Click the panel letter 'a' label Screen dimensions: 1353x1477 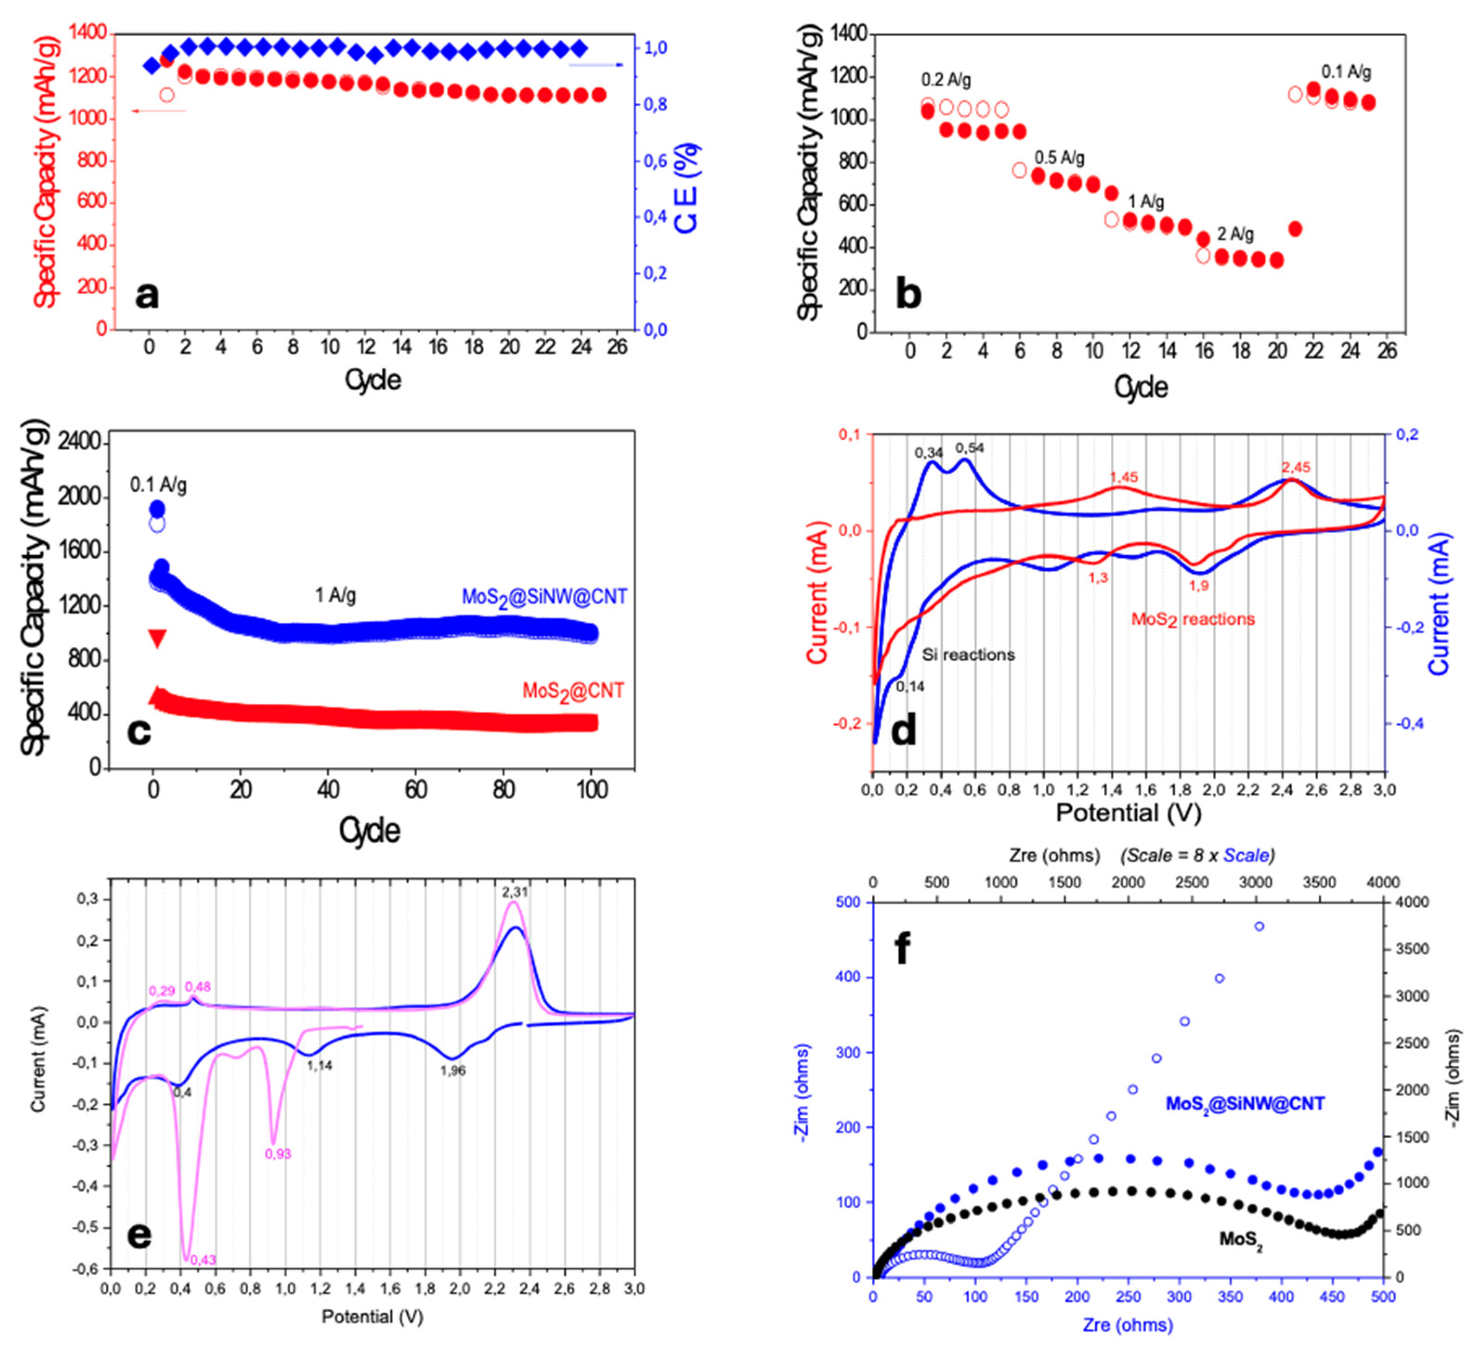click(x=147, y=296)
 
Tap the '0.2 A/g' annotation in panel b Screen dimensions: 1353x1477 click(x=946, y=80)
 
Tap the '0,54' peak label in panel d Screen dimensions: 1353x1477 click(x=969, y=447)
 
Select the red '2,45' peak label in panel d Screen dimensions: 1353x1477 click(x=1296, y=467)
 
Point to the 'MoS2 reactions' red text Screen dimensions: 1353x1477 click(x=1193, y=620)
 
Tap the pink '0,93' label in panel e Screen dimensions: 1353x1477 click(x=278, y=1154)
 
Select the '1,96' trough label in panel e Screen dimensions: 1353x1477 click(x=453, y=1071)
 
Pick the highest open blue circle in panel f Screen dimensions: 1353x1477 click(x=1259, y=926)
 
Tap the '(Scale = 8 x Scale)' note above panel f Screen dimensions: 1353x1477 click(x=1197, y=855)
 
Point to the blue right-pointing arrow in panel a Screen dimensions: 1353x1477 click(x=596, y=65)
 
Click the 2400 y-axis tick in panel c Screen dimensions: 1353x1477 click(x=82, y=442)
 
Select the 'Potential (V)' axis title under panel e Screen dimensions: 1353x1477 click(x=372, y=1316)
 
